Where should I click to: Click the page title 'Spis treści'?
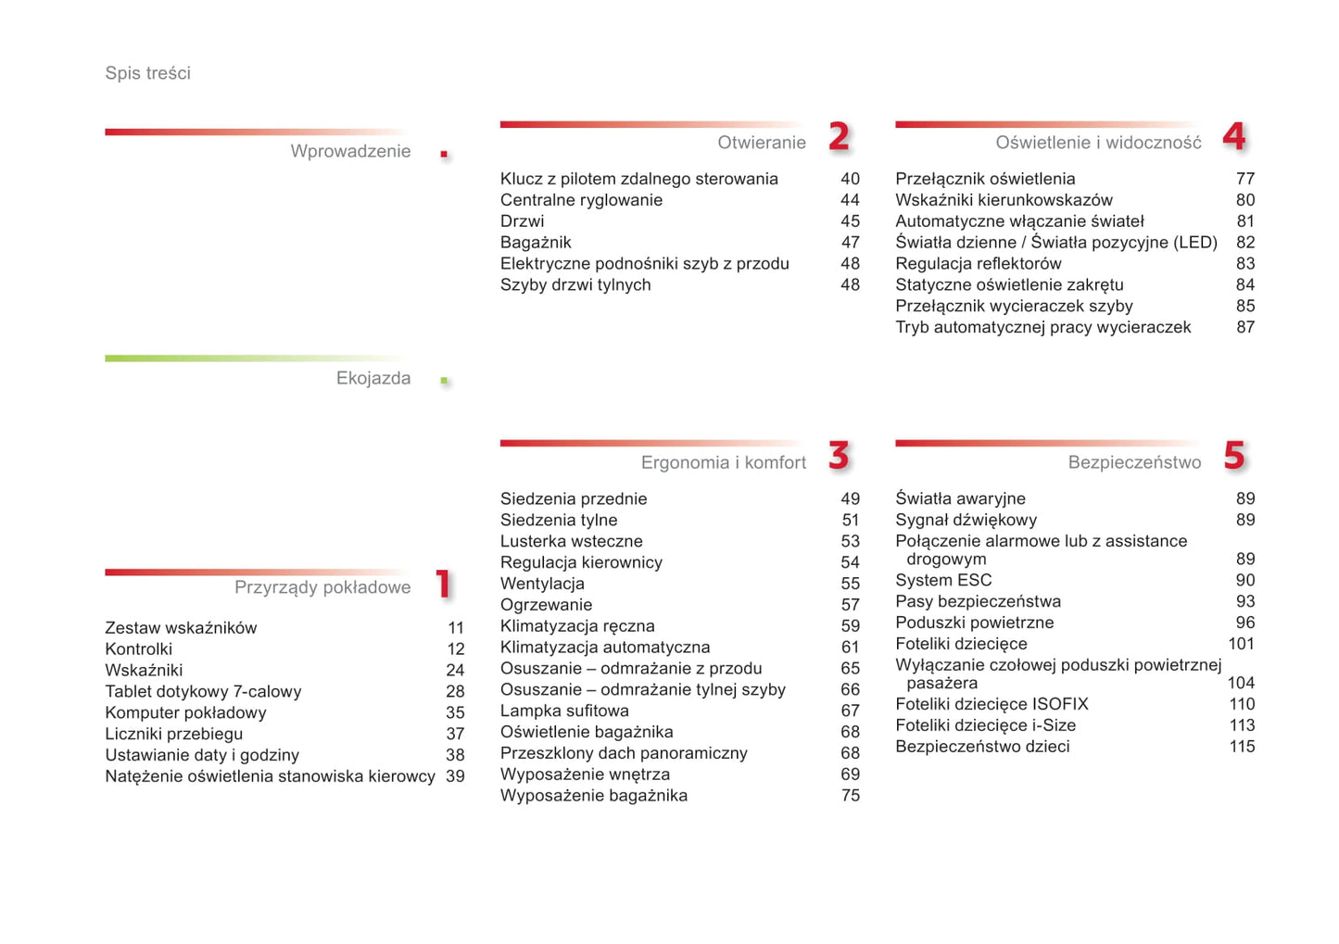coord(147,73)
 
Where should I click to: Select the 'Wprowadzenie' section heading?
coord(350,151)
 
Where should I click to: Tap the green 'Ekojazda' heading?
coord(373,378)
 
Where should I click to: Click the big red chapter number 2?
coord(839,137)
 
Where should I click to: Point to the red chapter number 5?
coord(1233,456)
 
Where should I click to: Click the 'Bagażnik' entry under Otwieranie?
coord(536,243)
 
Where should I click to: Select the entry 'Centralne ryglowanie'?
coord(581,200)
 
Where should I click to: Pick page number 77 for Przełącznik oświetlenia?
coord(1244,179)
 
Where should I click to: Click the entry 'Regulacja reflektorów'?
coord(978,264)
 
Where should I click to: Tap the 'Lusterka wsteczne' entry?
coord(571,541)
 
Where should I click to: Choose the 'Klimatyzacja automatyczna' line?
coord(605,648)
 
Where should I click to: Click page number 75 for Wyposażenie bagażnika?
coord(850,796)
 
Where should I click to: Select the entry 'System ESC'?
coord(943,581)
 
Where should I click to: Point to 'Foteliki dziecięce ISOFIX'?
coord(992,704)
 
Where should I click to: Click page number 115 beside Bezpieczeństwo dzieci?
coord(1242,747)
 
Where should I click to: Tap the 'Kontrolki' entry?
coord(139,649)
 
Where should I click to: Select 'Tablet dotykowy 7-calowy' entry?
coord(203,692)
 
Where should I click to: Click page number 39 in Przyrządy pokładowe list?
coord(455,776)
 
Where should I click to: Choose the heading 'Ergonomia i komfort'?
coord(723,462)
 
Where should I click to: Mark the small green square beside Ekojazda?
coord(445,381)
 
